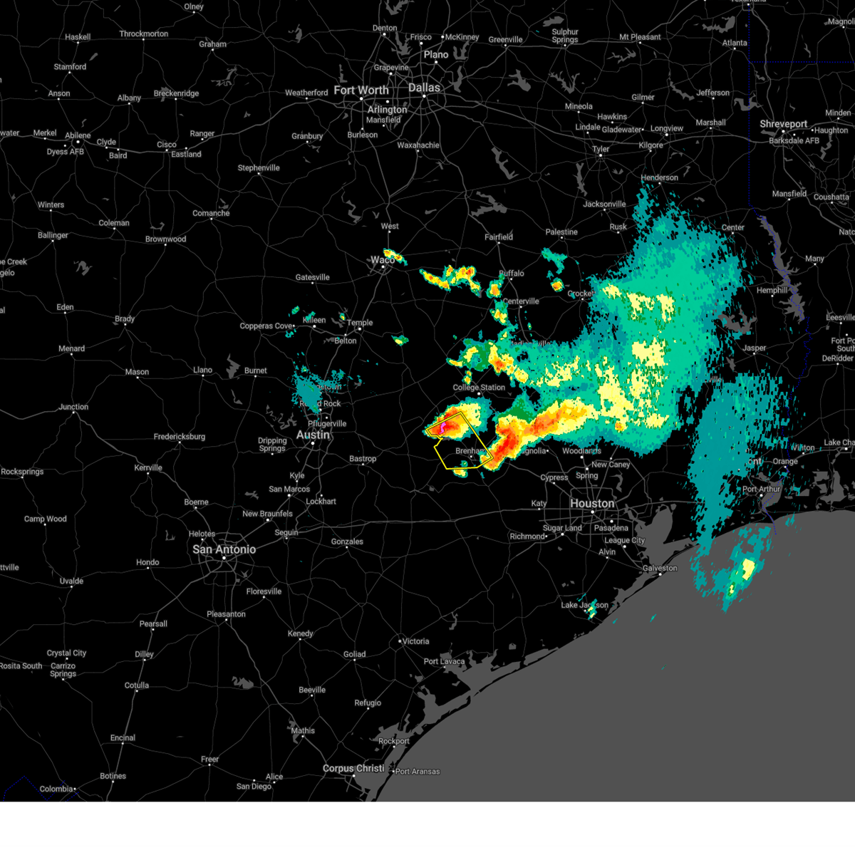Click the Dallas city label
pyautogui.click(x=424, y=88)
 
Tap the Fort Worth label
pyautogui.click(x=361, y=90)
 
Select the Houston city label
pyautogui.click(x=591, y=503)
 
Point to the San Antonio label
pyautogui.click(x=224, y=549)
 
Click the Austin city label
pyautogui.click(x=313, y=435)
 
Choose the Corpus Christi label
pyautogui.click(x=353, y=769)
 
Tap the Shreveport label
pyautogui.click(x=783, y=124)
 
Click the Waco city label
pyautogui.click(x=383, y=260)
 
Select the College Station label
pyautogui.click(x=479, y=388)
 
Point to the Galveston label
pyautogui.click(x=660, y=568)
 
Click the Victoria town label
pyautogui.click(x=415, y=641)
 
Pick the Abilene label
pyautogui.click(x=78, y=135)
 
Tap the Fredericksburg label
pyautogui.click(x=179, y=437)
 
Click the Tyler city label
pyautogui.click(x=601, y=149)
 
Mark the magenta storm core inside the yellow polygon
pyautogui.click(x=442, y=427)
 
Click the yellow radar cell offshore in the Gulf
pyautogui.click(x=747, y=568)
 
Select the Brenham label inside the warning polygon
pyautogui.click(x=470, y=451)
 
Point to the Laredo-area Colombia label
pyautogui.click(x=56, y=789)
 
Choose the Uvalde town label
pyautogui.click(x=71, y=581)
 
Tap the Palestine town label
pyautogui.click(x=561, y=232)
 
